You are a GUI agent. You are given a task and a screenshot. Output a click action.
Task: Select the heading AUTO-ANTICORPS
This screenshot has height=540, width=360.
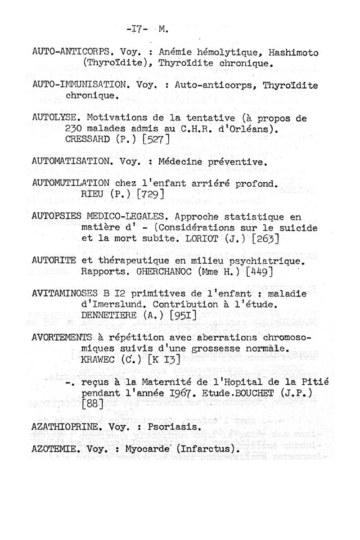(x=73, y=53)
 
